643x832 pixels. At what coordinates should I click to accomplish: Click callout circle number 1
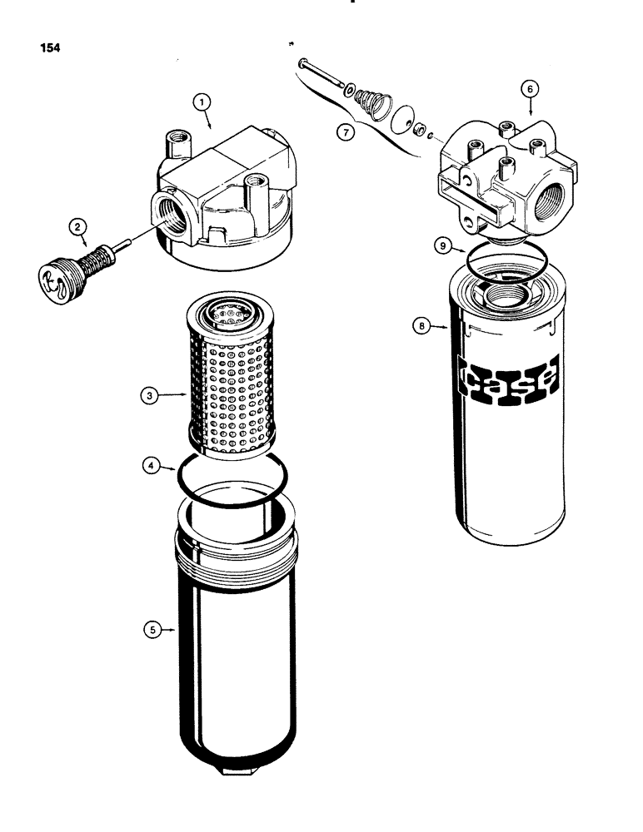coord(201,102)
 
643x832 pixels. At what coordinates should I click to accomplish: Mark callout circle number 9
coord(444,245)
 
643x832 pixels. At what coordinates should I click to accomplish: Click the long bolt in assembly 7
coord(322,72)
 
